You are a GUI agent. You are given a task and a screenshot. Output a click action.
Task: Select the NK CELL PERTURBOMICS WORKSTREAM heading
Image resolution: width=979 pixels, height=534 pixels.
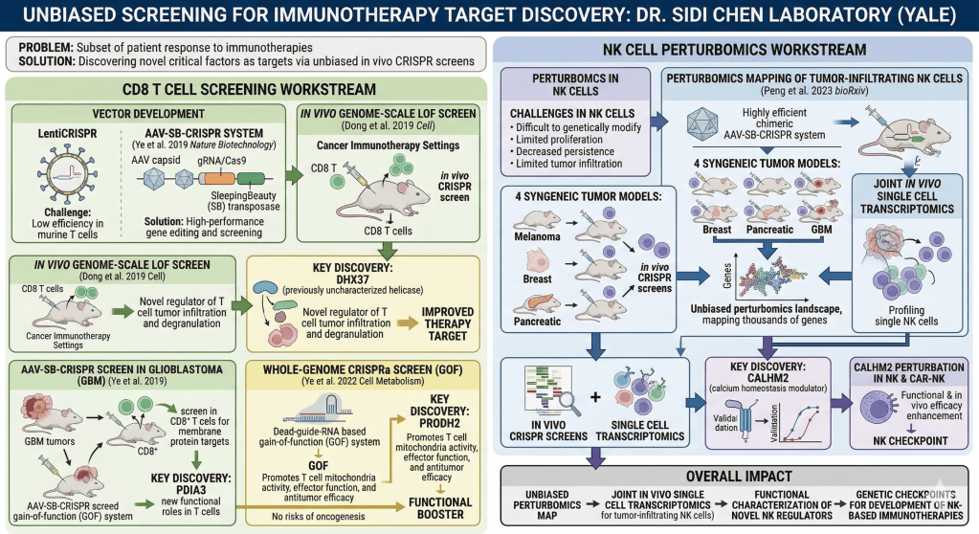[x=736, y=49]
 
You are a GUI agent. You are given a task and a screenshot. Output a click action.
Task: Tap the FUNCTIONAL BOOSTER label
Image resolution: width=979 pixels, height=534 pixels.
[x=438, y=508]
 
